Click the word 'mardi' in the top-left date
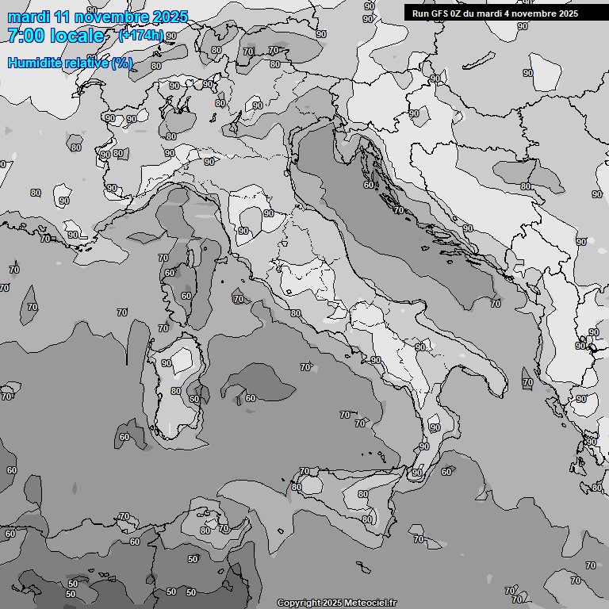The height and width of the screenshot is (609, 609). [x=25, y=17]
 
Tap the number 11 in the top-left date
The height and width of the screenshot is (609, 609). [x=59, y=17]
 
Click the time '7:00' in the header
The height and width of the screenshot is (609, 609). [x=26, y=36]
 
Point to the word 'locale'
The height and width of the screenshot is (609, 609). [x=77, y=36]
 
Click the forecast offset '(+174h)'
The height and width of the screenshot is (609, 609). [x=141, y=35]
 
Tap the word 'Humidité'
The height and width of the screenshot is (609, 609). [x=36, y=63]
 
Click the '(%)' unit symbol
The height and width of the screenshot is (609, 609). [x=122, y=63]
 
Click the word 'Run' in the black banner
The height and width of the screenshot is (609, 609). [x=420, y=13]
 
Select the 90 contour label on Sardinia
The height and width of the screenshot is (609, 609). [x=167, y=363]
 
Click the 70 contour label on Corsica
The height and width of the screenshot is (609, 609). [x=163, y=258]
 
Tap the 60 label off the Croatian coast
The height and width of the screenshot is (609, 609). [x=368, y=185]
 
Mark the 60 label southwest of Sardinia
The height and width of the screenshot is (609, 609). [x=124, y=437]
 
